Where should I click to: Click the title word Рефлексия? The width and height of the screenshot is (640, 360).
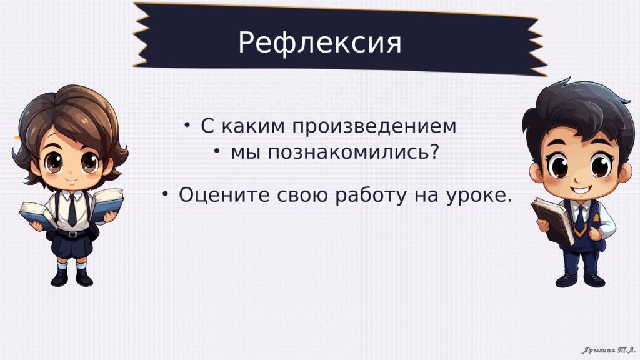[319, 42]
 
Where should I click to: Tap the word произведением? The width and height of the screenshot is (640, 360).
[374, 126]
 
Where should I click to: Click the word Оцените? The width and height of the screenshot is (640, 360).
[224, 195]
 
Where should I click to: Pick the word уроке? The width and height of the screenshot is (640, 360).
[479, 196]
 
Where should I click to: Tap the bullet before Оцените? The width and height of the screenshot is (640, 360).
[165, 194]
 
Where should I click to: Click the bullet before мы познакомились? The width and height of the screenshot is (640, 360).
[217, 151]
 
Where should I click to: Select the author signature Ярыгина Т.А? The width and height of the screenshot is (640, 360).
[609, 350]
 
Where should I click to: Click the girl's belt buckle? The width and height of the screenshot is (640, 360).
[72, 234]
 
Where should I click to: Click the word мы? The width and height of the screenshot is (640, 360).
[245, 152]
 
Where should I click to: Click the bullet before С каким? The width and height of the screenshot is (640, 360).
[187, 125]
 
